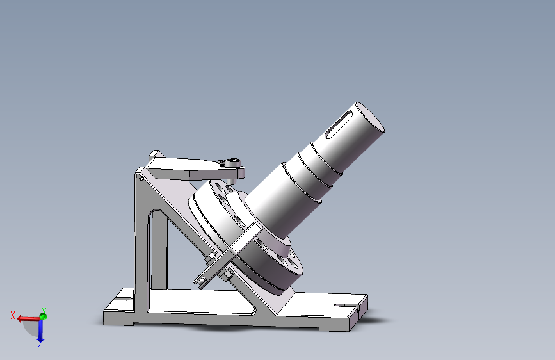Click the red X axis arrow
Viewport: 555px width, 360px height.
click(28, 318)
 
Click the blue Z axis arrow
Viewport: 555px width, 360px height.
click(40, 332)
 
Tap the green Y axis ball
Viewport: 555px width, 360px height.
click(43, 316)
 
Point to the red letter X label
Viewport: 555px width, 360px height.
click(13, 315)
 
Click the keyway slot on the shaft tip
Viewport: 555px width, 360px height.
click(342, 122)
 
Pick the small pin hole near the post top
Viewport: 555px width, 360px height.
click(141, 179)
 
